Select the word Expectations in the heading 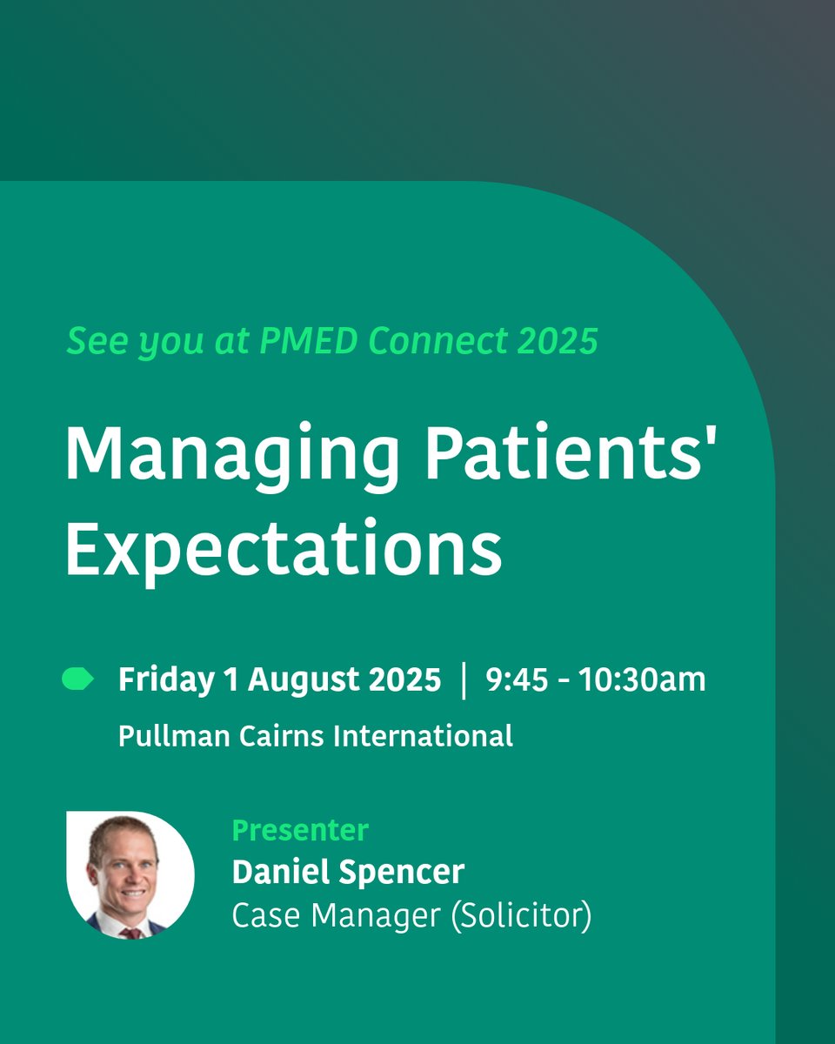click(x=284, y=550)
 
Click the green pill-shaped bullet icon click(x=77, y=679)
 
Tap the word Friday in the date click(x=165, y=679)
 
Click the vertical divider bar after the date click(x=464, y=679)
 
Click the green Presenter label click(x=300, y=830)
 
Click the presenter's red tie click(x=130, y=933)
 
